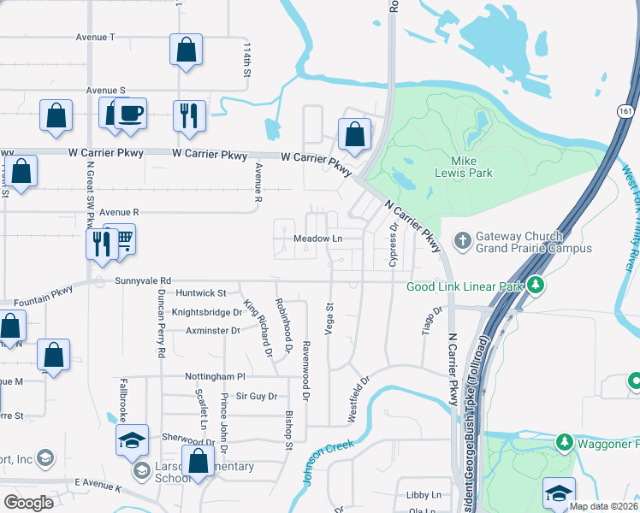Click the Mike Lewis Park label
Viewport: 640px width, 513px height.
(472, 167)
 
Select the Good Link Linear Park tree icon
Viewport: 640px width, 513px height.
(536, 285)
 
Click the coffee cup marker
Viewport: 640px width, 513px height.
(130, 114)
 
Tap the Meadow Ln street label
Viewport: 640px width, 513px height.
(317, 239)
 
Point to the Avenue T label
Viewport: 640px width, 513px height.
(95, 38)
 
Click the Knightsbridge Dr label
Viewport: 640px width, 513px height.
(207, 312)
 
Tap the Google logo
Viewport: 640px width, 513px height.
(28, 503)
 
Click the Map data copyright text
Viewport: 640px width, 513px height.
(602, 506)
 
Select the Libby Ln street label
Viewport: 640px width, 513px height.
(424, 494)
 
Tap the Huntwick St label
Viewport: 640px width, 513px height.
(200, 293)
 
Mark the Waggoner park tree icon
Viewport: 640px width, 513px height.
(564, 442)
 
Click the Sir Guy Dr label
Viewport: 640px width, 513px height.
(257, 397)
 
